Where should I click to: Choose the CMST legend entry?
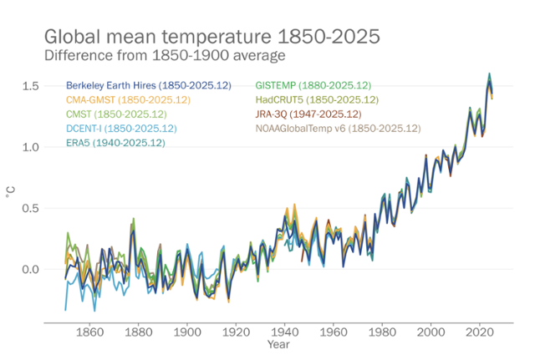pyautogui.click(x=116, y=114)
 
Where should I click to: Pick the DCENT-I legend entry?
pyautogui.click(x=122, y=128)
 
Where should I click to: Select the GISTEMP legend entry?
pyautogui.click(x=313, y=86)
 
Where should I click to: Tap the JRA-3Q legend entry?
pyautogui.click(x=308, y=114)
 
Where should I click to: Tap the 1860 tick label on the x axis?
pyautogui.click(x=89, y=330)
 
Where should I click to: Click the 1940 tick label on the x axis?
pyautogui.click(x=284, y=330)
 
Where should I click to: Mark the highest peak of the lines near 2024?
pyautogui.click(x=489, y=74)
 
